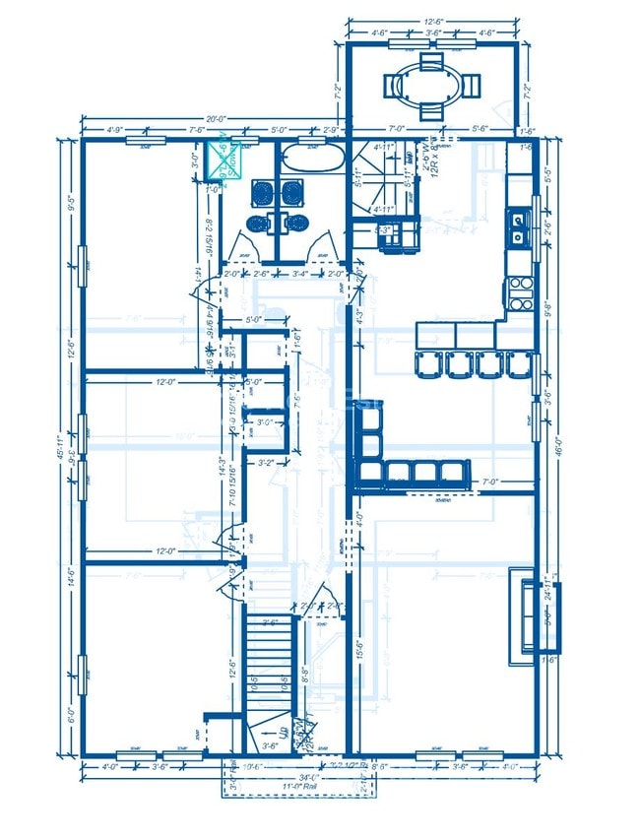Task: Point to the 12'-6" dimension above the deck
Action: point(433,20)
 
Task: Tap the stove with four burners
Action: point(518,289)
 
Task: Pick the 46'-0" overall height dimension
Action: point(558,443)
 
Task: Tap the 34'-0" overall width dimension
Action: point(313,775)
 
